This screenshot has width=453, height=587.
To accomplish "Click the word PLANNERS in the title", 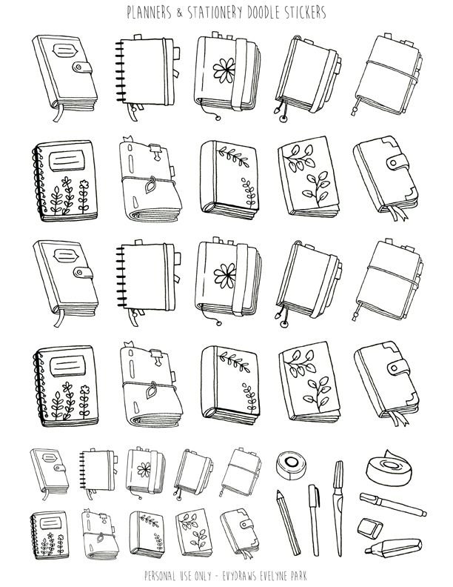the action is tap(149, 13).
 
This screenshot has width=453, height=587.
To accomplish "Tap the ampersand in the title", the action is tap(180, 13).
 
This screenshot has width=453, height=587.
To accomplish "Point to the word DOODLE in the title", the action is tap(264, 13).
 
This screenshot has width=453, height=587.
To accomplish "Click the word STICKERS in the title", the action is tap(305, 13).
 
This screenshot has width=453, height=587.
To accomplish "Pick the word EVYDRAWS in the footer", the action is tap(241, 576).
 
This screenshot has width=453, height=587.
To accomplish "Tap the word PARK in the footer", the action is tap(298, 576).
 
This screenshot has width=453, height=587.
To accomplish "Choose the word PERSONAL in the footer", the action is tap(161, 576).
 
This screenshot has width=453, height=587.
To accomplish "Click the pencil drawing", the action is tap(288, 523).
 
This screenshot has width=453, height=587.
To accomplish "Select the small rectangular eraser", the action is tap(369, 528).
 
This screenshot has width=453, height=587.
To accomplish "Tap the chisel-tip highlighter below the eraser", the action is tap(393, 548).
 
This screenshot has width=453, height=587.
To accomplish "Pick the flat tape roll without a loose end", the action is tap(291, 465).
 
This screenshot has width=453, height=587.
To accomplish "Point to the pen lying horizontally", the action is tap(392, 504).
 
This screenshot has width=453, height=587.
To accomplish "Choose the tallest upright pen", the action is tap(338, 508).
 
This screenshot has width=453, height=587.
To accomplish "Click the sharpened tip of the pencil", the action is tap(278, 491).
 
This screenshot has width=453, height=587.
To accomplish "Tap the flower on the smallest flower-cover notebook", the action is tap(144, 469).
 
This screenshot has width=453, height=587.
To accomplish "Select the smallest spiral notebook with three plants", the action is tap(50, 535).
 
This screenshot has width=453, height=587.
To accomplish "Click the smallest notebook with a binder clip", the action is tap(99, 534).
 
